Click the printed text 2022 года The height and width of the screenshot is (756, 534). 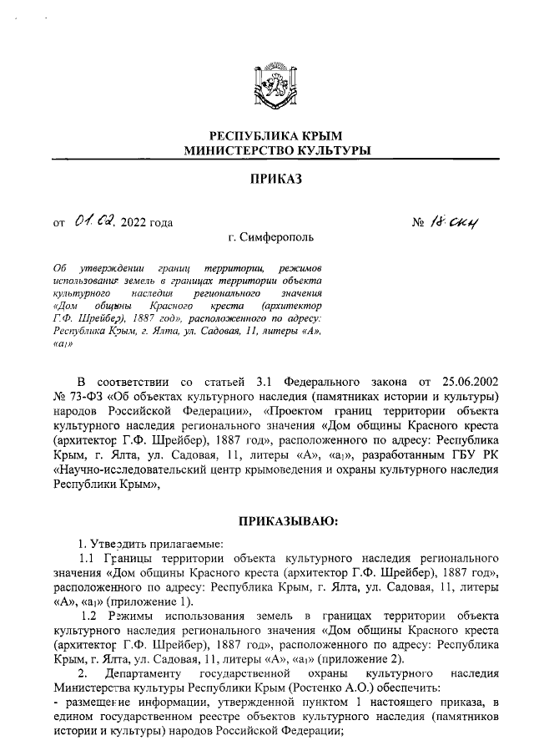point(147,222)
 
